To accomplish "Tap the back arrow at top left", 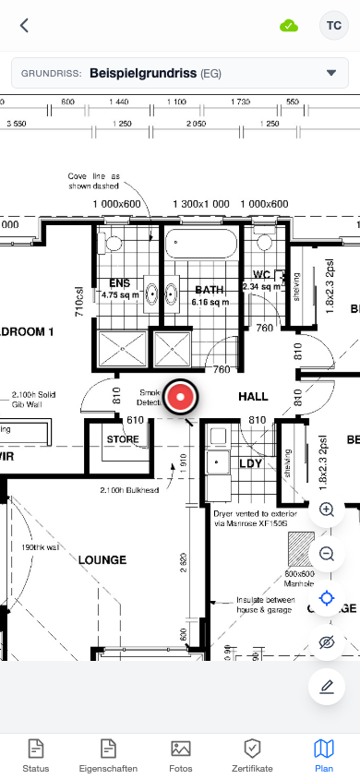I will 24,26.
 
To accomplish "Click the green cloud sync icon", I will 289,26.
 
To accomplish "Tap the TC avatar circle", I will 332,26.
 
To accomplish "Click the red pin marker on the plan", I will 181,397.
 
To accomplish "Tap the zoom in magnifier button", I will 326,509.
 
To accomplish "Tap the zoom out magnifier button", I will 326,554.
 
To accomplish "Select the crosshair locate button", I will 326,598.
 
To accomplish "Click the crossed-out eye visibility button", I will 326,642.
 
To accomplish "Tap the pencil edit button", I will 326,687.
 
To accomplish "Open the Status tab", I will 36,755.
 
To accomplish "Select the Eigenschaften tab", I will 108,755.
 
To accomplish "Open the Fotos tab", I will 180,755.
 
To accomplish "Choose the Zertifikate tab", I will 252,755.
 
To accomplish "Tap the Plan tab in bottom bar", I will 324,755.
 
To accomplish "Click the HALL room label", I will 253,397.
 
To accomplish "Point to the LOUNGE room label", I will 102,559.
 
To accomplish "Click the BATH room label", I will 210,289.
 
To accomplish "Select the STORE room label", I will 123,438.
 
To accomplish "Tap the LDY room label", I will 251,463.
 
